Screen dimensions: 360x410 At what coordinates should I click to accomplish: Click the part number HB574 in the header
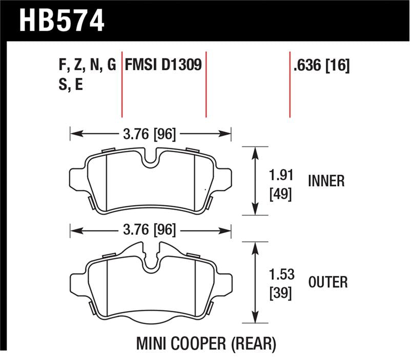[62, 21]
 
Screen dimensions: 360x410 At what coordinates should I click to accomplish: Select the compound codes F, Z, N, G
[87, 66]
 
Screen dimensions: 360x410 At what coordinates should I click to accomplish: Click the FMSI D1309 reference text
[162, 66]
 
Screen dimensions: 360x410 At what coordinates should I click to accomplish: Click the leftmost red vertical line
[122, 84]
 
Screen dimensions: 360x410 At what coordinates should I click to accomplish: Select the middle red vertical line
[206, 84]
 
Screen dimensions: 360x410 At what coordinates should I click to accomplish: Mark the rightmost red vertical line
[290, 84]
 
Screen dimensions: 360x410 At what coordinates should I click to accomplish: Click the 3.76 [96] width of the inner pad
[150, 134]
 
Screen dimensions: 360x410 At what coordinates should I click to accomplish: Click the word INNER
[326, 181]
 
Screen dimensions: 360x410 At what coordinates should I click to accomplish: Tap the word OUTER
[328, 282]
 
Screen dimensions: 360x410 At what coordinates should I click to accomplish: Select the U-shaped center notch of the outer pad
[151, 263]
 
